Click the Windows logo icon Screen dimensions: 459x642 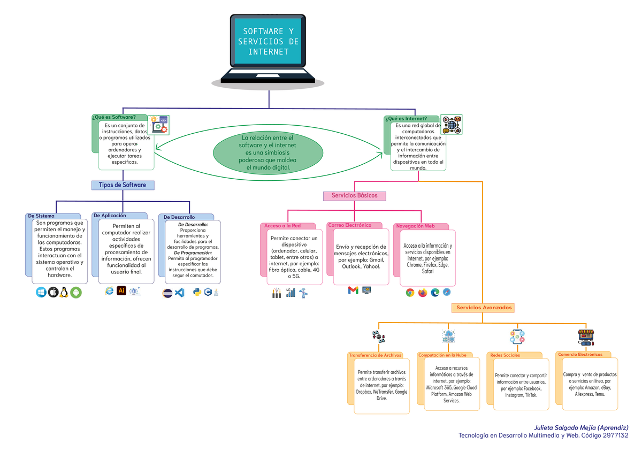[x=41, y=292]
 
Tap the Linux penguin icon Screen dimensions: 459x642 [x=64, y=292]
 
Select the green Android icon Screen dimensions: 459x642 [x=76, y=293]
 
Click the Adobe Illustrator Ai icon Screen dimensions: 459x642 [x=121, y=290]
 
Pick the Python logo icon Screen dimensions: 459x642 [x=196, y=292]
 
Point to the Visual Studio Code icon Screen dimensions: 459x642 [x=180, y=293]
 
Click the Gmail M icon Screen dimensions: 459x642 [x=353, y=290]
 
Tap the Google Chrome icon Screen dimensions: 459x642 [x=410, y=292]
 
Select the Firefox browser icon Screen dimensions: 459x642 [x=423, y=292]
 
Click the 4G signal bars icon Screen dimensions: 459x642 [x=291, y=293]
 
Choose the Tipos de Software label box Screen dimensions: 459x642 [x=123, y=185]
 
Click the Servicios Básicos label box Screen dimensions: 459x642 [x=354, y=196]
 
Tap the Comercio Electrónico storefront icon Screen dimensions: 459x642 [x=586, y=337]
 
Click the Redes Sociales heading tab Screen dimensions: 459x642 [x=505, y=355]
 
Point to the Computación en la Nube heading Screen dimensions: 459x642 [x=442, y=355]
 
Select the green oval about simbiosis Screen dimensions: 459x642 [x=268, y=153]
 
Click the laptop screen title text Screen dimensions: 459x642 [x=268, y=42]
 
